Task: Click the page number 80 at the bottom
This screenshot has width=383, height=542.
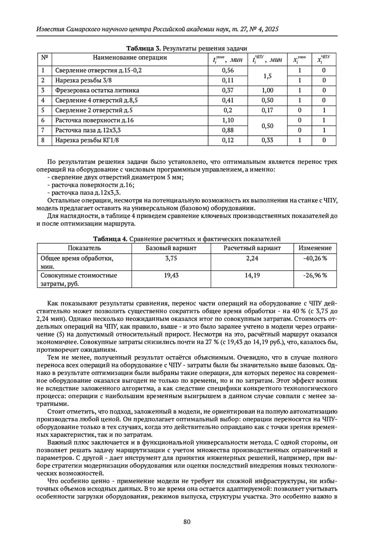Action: (x=187, y=522)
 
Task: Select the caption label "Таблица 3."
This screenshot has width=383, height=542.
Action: (x=144, y=49)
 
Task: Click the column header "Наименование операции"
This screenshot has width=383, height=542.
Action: (x=130, y=58)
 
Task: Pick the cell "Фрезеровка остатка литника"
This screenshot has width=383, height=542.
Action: (x=97, y=90)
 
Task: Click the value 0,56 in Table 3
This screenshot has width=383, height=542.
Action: (x=228, y=70)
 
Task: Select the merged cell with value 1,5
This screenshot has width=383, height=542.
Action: (x=267, y=76)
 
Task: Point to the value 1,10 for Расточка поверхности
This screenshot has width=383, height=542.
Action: (x=228, y=120)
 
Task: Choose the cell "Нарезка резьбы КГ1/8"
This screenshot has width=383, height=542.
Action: (x=87, y=140)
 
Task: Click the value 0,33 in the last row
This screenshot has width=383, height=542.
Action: (x=267, y=140)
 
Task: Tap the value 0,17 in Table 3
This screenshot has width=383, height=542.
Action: (x=267, y=110)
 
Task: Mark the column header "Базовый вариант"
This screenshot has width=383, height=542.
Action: (x=171, y=248)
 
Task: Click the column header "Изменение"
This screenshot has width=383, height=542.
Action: (x=315, y=248)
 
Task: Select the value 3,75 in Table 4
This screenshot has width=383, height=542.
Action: (x=171, y=258)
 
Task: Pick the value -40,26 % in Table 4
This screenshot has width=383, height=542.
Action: (x=315, y=258)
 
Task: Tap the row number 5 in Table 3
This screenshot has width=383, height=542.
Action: (x=43, y=110)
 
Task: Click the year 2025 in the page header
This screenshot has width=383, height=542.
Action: (x=271, y=29)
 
